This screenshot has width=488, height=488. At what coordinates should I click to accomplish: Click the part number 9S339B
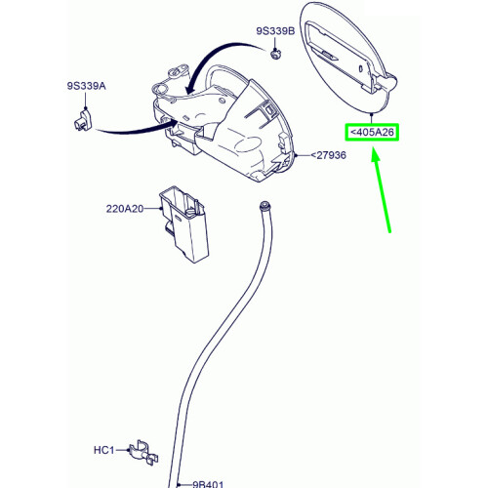tap(276, 32)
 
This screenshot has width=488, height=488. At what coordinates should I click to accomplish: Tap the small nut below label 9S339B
tap(276, 55)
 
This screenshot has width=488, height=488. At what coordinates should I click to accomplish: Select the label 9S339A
tap(86, 87)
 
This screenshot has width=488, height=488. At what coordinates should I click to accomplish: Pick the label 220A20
tap(124, 208)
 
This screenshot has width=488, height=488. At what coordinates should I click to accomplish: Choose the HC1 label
tap(104, 450)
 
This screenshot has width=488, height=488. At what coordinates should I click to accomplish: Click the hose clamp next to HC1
tap(141, 451)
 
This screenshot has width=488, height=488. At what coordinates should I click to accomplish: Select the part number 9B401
tap(209, 483)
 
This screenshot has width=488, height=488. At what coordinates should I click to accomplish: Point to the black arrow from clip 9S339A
tap(127, 130)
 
